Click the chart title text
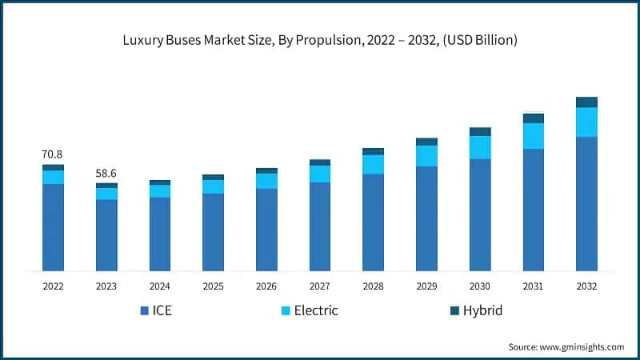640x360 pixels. tap(320, 40)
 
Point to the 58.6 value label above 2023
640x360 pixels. tap(106, 172)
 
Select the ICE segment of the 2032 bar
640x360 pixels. tap(586, 203)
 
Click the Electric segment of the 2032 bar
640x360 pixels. tap(586, 122)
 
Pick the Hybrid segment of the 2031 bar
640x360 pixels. tap(534, 118)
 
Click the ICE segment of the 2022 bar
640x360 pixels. tap(53, 227)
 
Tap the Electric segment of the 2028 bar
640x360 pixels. tap(373, 164)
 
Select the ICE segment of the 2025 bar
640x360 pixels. tap(213, 232)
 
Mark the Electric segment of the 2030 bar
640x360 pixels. tap(480, 147)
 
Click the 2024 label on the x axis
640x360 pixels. tap(160, 286)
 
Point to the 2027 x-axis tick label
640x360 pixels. tap(320, 286)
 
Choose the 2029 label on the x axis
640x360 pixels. tap(426, 286)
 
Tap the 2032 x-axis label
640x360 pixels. tap(586, 286)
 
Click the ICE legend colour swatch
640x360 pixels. tap(145, 310)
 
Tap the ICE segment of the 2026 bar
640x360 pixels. tap(266, 230)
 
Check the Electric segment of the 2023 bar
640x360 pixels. tap(106, 194)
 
